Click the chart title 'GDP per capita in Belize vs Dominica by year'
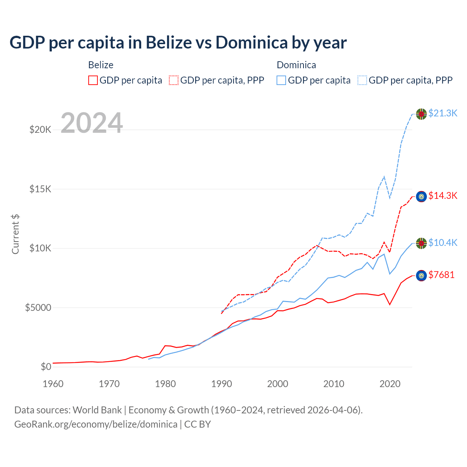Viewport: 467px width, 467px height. (178, 43)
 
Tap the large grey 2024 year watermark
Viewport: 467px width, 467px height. (92, 123)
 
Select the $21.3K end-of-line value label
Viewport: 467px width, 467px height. (443, 113)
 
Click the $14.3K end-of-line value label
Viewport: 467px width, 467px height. (443, 196)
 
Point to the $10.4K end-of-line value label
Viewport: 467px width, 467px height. (443, 243)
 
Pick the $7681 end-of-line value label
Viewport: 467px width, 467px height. (441, 275)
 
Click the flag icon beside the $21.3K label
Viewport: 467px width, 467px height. (421, 114)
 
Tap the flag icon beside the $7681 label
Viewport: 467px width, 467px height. (421, 276)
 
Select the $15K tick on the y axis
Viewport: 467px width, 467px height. (40, 189)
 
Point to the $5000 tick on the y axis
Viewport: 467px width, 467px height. (38, 308)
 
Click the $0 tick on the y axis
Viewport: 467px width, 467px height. (46, 367)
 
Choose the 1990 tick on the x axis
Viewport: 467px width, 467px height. (221, 384)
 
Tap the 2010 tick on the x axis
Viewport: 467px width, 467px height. (334, 384)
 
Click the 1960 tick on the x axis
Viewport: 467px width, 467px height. (53, 384)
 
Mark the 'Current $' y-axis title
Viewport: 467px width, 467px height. (15, 234)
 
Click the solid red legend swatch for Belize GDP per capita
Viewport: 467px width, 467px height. (93, 80)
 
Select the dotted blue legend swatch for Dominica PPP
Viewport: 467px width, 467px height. (362, 80)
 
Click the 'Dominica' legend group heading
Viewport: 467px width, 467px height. (296, 65)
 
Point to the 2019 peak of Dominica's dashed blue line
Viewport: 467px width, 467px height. (384, 177)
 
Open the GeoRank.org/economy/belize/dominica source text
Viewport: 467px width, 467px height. (96, 424)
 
